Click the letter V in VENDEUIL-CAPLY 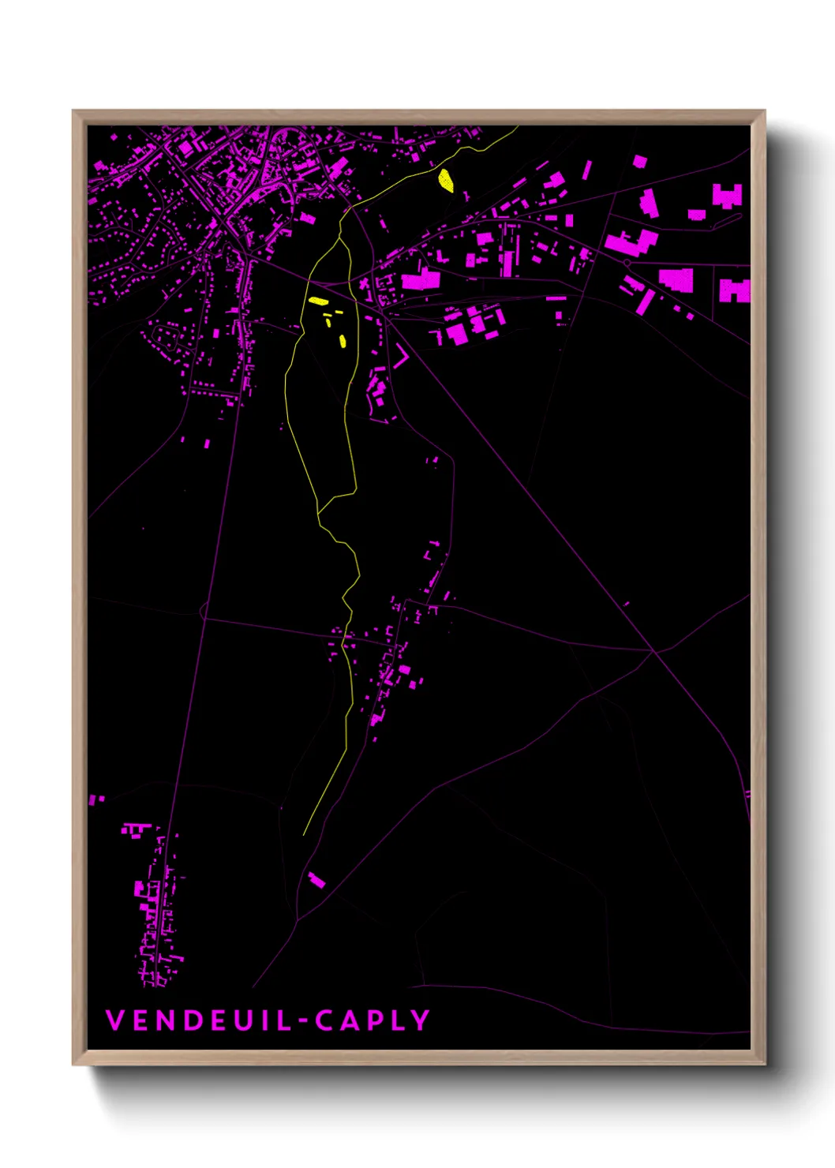114,1020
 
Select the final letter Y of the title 421,1020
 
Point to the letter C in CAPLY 324,1020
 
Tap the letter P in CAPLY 373,1020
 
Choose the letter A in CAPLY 348,1020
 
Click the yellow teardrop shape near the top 446,181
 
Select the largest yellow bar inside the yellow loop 318,301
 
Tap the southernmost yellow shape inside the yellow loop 343,341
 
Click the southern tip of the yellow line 304,835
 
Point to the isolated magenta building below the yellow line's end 316,880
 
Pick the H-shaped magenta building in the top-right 727,195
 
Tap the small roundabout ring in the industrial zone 627,263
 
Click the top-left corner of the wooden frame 74,112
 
